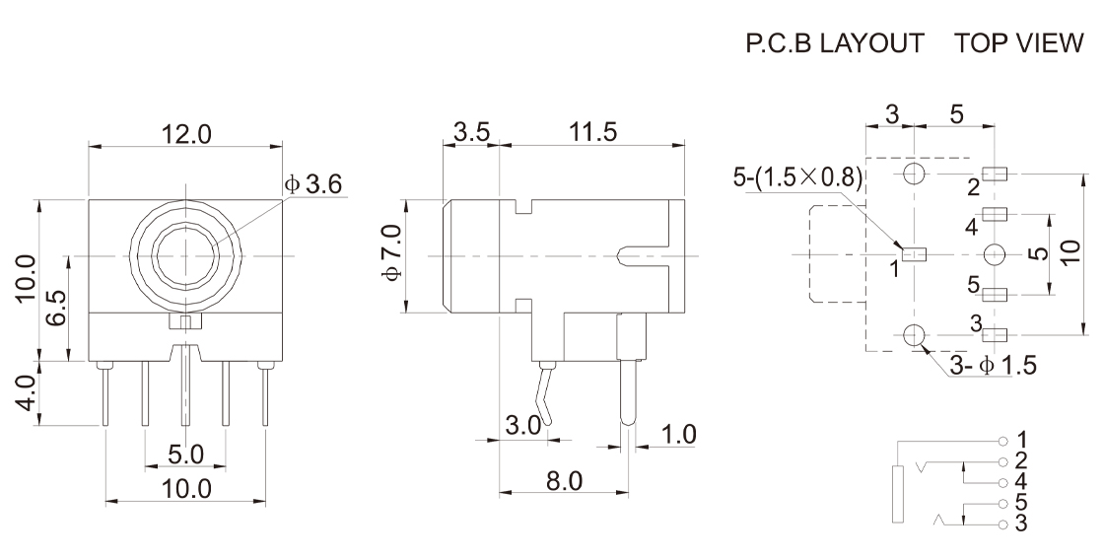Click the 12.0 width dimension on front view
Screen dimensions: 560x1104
185,135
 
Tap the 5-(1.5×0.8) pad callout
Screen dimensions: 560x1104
797,177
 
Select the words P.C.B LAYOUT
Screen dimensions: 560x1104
835,44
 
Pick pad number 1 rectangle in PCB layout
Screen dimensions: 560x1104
916,254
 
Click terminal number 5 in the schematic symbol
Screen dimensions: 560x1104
1003,505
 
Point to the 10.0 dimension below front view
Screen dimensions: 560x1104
185,487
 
